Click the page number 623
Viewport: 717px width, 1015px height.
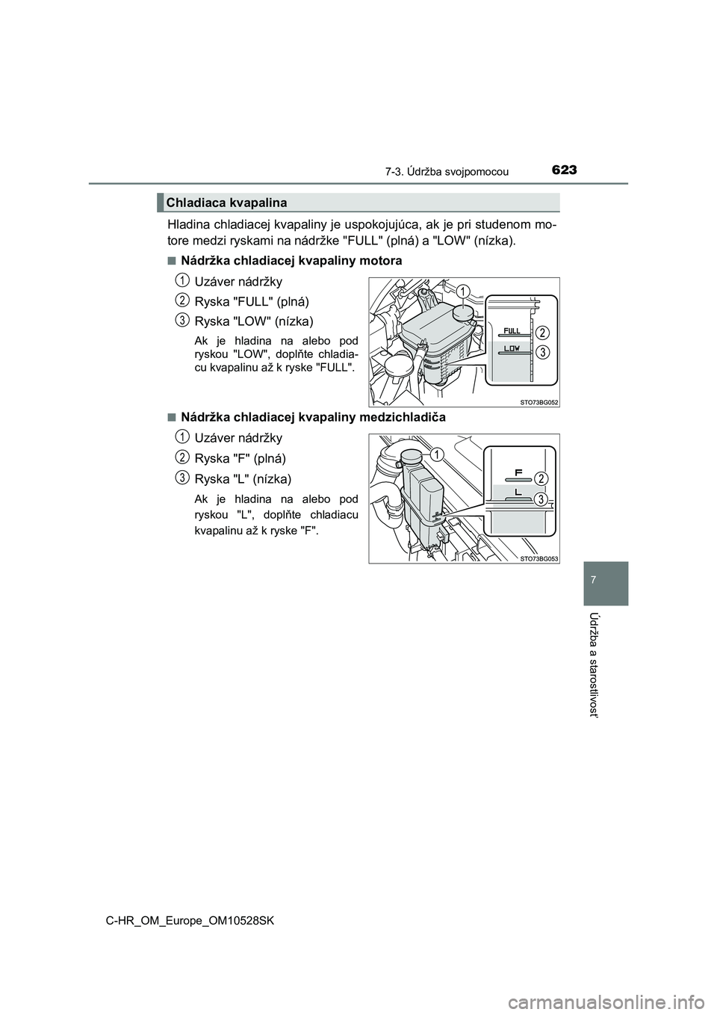coord(565,170)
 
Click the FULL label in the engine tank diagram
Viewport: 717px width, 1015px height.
coord(512,330)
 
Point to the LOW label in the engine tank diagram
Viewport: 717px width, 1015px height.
coord(512,348)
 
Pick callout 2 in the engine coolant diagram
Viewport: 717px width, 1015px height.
coord(543,332)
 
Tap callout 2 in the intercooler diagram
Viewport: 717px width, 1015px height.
coord(542,478)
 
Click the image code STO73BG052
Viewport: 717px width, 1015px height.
coord(539,401)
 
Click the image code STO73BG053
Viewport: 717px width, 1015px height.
coord(539,558)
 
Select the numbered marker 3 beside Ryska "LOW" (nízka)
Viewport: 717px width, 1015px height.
coord(181,320)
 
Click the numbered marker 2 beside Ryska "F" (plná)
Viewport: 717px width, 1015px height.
coord(181,456)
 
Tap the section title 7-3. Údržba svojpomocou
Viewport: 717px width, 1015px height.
coord(447,172)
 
